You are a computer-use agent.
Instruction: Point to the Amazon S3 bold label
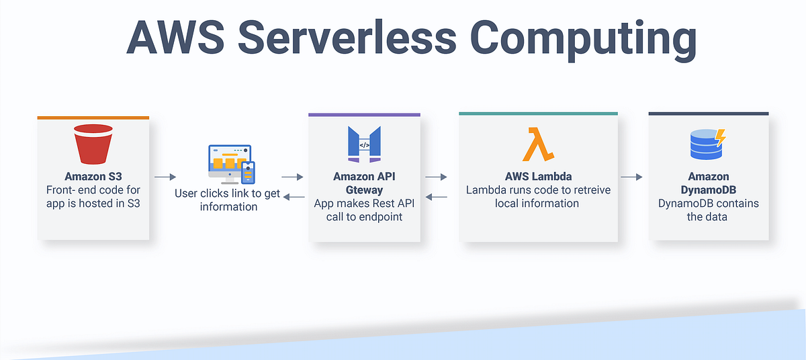tap(93, 177)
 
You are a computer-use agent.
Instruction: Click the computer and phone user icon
tap(230, 163)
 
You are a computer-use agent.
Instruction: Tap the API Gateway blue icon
tap(364, 144)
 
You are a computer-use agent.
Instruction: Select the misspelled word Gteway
tap(364, 190)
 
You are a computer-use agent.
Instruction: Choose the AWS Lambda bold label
tap(538, 177)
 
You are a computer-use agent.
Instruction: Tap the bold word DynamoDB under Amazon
tap(708, 190)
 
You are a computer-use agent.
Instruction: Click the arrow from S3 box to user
tap(164, 177)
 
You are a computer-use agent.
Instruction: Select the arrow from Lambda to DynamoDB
tap(631, 177)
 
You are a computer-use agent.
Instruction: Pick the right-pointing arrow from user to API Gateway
tap(292, 177)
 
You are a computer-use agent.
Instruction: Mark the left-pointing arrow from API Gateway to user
tap(292, 197)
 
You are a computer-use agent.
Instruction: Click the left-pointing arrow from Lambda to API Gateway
tap(437, 197)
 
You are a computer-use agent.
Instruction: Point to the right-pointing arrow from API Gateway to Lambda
tap(437, 177)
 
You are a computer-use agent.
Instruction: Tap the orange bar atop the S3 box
tap(93, 118)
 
